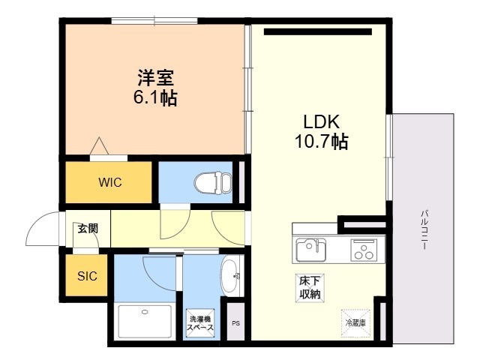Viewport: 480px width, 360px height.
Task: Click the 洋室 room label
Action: [156, 78]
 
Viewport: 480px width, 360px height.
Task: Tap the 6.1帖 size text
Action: [155, 98]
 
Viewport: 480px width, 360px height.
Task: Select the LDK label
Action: [322, 121]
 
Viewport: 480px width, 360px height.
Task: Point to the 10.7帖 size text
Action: [322, 142]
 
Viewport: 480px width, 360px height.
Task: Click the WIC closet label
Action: [110, 182]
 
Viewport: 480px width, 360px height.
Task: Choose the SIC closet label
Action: [87, 276]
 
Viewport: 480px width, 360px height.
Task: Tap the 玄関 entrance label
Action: [88, 228]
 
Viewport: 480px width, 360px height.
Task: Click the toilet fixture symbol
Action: [213, 183]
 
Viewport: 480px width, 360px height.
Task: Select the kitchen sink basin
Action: [310, 250]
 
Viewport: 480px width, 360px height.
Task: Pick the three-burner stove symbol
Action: [364, 250]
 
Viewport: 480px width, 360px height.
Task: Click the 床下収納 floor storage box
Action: [310, 288]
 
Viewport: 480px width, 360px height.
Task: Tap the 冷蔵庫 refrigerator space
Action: [355, 323]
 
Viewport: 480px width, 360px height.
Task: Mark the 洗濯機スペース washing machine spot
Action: [200, 323]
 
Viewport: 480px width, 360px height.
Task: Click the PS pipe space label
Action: [235, 323]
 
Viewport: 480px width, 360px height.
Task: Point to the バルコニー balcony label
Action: [424, 229]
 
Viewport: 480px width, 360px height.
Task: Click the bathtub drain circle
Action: [145, 312]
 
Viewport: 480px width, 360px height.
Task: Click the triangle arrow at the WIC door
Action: [99, 146]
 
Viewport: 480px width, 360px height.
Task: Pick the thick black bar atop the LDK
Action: [318, 31]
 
